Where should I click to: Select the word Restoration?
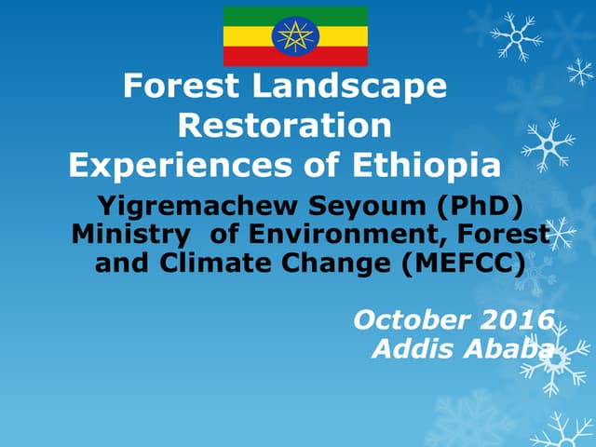point(284,126)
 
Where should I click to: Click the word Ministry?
point(124,234)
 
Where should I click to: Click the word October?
point(413,320)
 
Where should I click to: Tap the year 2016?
point(517,320)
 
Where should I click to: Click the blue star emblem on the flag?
point(295,35)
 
